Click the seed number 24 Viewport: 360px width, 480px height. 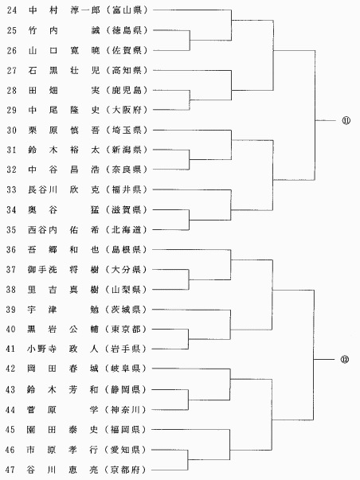[12, 10]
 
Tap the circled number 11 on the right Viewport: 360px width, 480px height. [346, 121]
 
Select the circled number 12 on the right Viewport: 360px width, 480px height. [345, 359]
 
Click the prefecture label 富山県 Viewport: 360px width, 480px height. [127, 10]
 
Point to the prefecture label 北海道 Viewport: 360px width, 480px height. [127, 229]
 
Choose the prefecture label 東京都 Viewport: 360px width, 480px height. [126, 329]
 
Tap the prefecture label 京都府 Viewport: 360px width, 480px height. [125, 470]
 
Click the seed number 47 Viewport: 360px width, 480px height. [10, 470]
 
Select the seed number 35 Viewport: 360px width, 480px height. [11, 229]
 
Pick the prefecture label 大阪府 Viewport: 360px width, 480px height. [127, 110]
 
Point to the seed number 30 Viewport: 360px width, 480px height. [11, 130]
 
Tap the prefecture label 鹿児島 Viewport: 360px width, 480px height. [127, 90]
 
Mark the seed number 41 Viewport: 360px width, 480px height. [10, 349]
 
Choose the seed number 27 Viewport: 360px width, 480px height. [12, 70]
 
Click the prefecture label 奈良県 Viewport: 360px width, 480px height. [127, 170]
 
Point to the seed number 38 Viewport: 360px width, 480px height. [10, 289]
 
